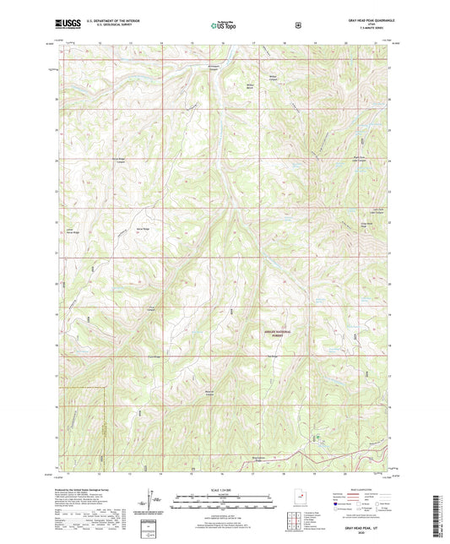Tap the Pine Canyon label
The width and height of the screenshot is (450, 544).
click(153, 308)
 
